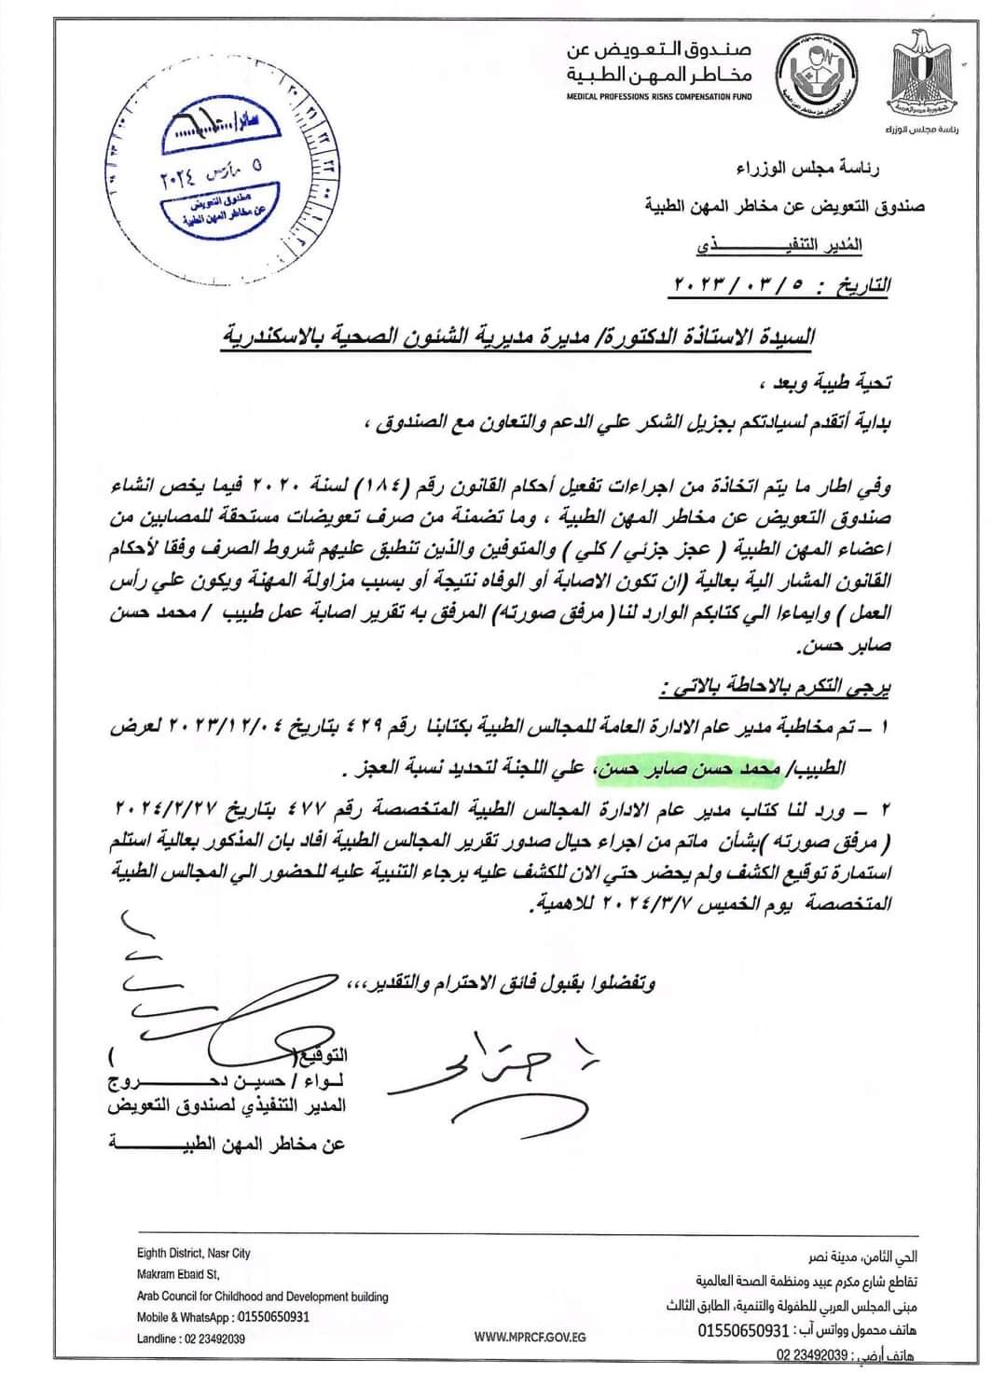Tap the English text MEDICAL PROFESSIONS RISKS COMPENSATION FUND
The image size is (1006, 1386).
[x=658, y=97]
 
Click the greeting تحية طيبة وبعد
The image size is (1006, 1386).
[x=840, y=382]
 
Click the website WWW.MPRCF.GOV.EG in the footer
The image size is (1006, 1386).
[x=529, y=1337]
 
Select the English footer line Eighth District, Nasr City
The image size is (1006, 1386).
[x=193, y=1254]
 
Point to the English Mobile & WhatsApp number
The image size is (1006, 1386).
[x=222, y=1317]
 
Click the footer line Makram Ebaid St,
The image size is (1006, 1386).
[x=178, y=1275]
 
